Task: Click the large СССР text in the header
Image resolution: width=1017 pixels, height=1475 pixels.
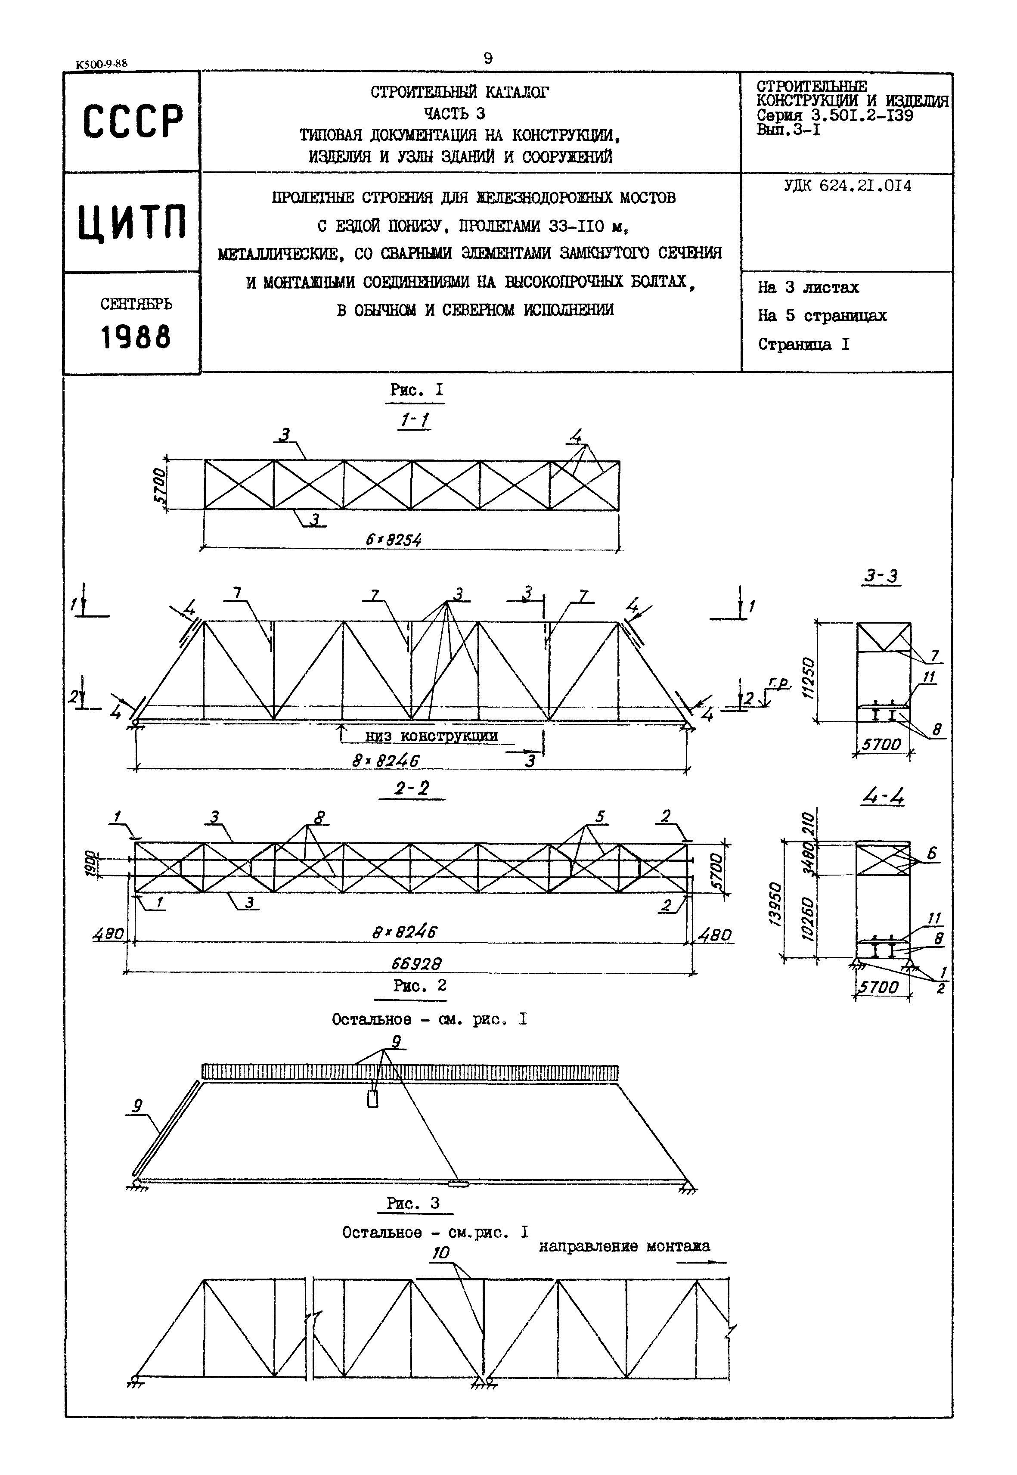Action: point(133,121)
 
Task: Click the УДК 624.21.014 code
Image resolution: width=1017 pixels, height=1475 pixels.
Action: point(847,186)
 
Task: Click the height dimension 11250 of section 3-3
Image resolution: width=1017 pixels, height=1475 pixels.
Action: point(808,679)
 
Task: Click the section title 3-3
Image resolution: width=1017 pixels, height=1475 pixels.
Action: point(881,576)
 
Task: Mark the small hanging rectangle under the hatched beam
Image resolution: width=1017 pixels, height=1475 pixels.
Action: point(373,1099)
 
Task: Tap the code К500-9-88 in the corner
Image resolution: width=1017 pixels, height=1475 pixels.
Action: point(101,64)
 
